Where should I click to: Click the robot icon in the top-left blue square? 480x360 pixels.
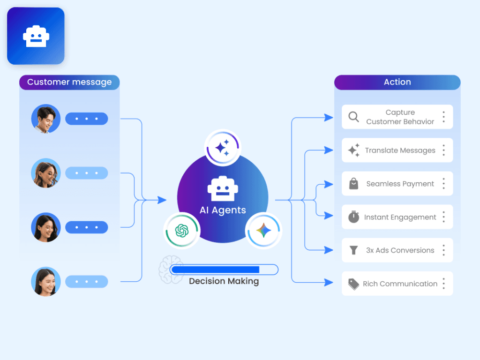point(36,36)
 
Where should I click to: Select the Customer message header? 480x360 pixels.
point(69,82)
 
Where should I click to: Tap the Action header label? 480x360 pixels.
point(397,82)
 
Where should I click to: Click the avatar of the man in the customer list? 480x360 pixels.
point(45,119)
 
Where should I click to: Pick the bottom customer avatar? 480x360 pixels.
point(45,282)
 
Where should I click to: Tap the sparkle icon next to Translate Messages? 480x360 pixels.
point(354,150)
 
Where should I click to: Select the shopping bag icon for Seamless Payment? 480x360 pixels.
point(354,184)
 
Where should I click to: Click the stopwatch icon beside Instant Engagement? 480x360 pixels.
point(354,217)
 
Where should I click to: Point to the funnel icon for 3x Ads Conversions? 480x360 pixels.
point(354,250)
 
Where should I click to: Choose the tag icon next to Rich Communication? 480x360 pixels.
point(354,284)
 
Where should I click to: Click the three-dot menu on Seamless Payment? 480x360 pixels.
point(443,184)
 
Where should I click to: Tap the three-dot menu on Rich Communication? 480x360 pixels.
point(443,284)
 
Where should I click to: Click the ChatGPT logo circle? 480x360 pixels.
point(181,231)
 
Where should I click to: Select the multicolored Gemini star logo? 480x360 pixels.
point(263,230)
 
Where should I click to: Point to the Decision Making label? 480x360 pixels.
point(224,281)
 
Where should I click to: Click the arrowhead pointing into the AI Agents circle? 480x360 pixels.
point(162,200)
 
